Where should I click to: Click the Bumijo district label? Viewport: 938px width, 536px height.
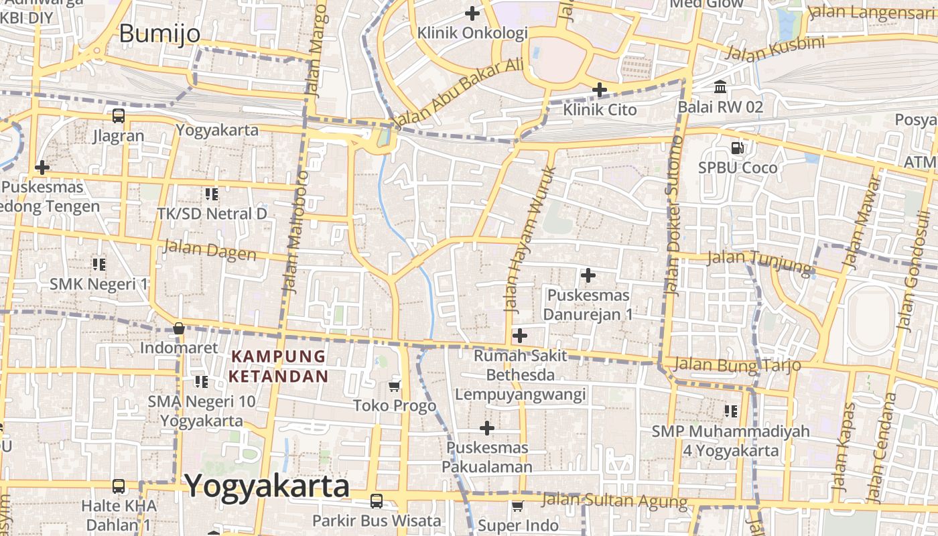(159, 33)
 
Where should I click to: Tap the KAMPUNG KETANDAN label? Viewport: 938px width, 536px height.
(279, 366)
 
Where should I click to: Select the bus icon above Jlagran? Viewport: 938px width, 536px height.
(119, 116)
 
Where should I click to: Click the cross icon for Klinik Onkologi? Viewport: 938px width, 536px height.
(472, 13)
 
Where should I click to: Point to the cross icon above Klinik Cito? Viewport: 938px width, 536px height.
(600, 89)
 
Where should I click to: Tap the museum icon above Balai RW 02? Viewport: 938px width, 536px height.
(721, 87)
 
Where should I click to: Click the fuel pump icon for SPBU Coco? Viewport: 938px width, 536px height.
(738, 147)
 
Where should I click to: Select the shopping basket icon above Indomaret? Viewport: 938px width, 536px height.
(179, 328)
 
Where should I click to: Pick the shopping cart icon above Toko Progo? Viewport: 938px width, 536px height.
(395, 386)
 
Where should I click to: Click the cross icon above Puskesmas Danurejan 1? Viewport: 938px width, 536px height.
(588, 275)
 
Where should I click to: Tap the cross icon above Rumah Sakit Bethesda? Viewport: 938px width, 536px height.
(519, 335)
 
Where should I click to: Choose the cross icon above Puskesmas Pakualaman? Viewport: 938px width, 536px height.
(487, 427)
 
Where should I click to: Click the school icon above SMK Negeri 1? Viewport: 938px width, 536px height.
(99, 264)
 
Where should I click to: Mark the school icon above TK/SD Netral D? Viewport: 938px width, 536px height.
(212, 194)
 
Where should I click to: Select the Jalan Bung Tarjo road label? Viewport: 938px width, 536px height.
(738, 364)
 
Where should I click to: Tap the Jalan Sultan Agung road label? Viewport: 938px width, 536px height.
(614, 500)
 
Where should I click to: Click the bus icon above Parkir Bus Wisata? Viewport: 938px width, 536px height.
(377, 500)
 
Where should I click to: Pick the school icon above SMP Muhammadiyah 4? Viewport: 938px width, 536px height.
(731, 411)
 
